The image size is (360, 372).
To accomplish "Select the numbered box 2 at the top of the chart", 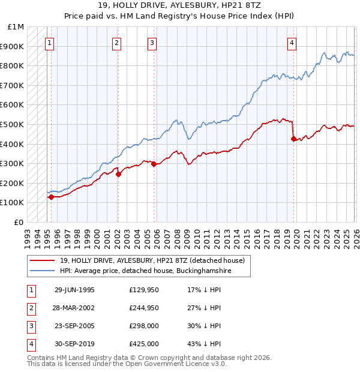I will (116, 43).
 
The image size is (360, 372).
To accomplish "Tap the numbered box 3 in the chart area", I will (152, 43).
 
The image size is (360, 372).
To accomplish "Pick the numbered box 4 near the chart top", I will (292, 43).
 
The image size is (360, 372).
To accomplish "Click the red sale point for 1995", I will (51, 197).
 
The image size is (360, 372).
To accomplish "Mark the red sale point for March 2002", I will (118, 175).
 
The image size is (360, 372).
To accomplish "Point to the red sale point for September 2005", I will (154, 164).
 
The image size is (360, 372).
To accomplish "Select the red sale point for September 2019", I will (293, 139).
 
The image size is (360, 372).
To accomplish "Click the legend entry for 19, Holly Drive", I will (152, 261).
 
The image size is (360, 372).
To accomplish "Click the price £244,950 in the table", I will (144, 308).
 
